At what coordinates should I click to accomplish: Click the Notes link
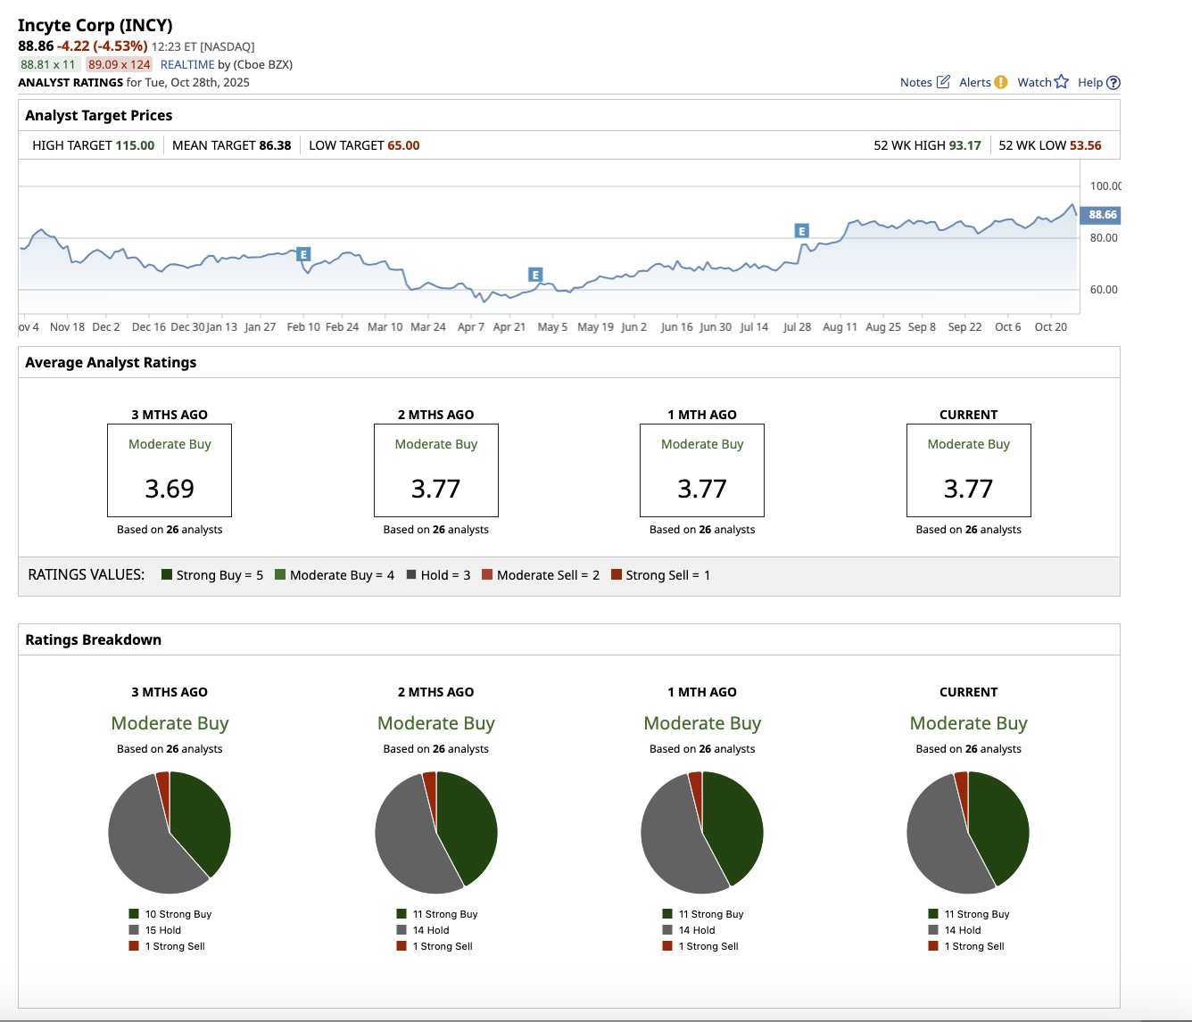click(916, 82)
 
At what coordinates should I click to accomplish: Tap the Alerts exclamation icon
click(1000, 82)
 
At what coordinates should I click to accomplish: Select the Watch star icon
click(1061, 82)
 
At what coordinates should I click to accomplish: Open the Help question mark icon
click(1113, 83)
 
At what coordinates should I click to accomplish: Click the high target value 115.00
click(135, 145)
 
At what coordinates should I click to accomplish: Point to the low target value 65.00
click(403, 145)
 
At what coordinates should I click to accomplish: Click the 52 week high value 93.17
click(964, 145)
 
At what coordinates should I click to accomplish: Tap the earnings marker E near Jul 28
click(801, 231)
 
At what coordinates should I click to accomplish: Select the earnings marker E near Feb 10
click(303, 254)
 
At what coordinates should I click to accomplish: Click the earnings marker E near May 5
click(535, 275)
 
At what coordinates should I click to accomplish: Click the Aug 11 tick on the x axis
click(840, 327)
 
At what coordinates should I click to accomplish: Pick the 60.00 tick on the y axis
click(1104, 290)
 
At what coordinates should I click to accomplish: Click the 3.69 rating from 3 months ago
click(170, 489)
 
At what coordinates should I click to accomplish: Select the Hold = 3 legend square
click(412, 575)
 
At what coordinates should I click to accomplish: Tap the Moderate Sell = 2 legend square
click(487, 575)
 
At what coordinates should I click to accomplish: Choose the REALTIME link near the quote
click(187, 64)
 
